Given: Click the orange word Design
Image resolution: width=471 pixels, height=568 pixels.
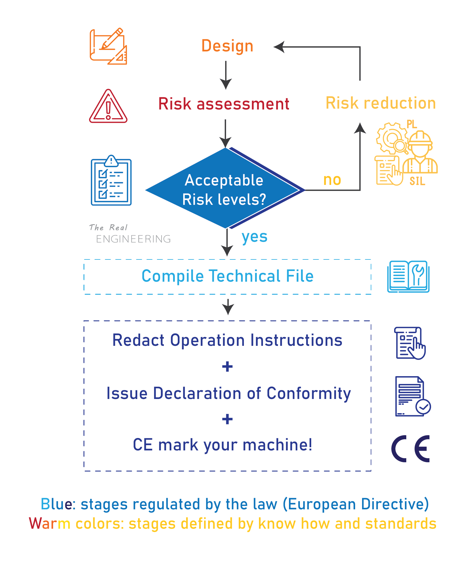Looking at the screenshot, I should (227, 46).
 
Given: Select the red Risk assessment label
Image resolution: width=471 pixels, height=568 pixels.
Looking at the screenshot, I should (224, 104).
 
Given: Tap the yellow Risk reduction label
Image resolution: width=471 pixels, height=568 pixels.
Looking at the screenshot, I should (381, 103).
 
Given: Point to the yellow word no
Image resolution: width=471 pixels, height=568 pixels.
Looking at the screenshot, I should (332, 180).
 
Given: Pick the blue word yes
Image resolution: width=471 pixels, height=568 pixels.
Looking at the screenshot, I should (254, 237).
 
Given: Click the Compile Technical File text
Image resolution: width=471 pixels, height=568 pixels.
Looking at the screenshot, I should (227, 276).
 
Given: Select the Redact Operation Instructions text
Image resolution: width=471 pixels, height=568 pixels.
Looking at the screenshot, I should (227, 340).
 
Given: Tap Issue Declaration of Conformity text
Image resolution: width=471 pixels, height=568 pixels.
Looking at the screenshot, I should (229, 393).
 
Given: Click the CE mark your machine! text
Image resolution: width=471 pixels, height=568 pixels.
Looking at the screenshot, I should (222, 445).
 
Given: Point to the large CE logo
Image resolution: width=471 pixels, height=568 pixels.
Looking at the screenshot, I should (410, 449).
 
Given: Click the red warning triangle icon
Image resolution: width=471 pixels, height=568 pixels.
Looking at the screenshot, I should (108, 107).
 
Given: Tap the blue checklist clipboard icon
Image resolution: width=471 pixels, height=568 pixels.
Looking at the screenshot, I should (111, 181).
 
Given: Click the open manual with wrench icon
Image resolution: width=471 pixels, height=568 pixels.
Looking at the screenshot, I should (408, 276).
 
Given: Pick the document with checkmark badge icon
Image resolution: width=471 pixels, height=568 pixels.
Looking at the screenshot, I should (412, 396).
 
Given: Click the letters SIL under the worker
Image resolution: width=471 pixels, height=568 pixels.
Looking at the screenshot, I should (417, 181).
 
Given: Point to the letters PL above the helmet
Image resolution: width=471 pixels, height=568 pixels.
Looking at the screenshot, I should (412, 124).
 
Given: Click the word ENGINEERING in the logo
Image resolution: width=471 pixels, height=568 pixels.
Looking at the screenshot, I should (133, 239).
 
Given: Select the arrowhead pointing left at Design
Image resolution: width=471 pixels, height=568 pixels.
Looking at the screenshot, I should (279, 47).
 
